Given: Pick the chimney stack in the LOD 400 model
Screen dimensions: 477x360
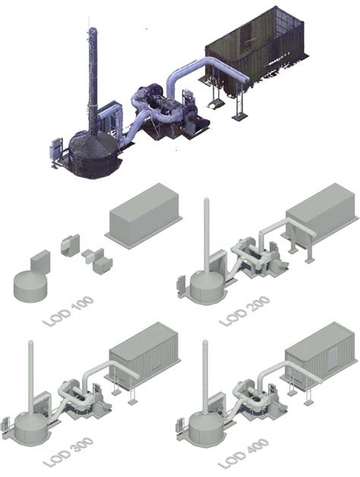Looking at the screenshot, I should tap(205, 380).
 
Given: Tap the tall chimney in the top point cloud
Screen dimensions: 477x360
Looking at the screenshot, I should tap(93, 76).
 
